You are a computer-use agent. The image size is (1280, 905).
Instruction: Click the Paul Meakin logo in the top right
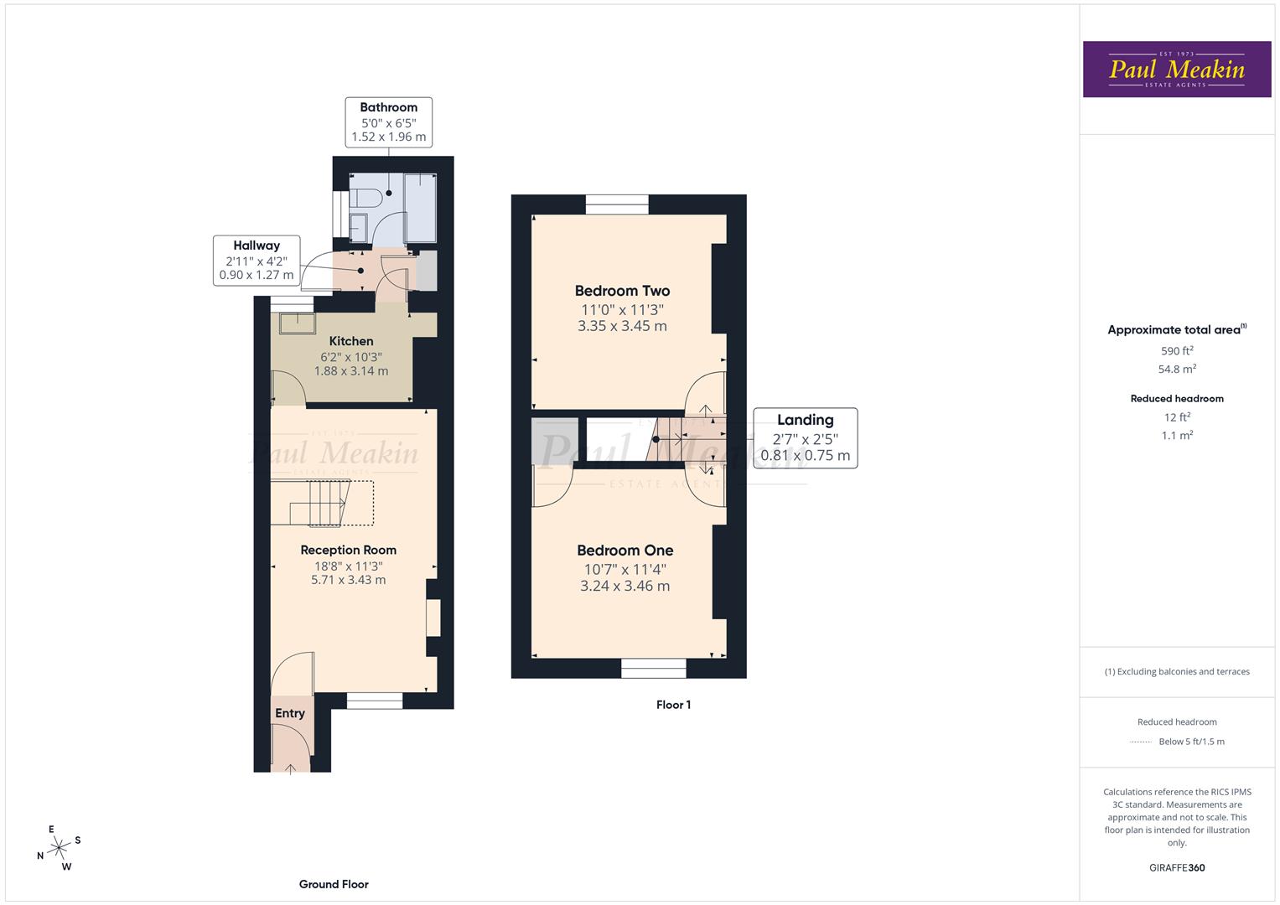[1176, 70]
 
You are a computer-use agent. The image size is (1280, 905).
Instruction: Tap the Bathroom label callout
[388, 122]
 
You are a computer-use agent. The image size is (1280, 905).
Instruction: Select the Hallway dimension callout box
[257, 260]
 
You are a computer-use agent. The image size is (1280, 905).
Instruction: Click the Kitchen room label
[351, 341]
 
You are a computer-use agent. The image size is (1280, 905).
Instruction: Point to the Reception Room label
[348, 551]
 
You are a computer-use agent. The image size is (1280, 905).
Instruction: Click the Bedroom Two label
[622, 292]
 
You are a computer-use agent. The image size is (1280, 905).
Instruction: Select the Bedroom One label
[624, 551]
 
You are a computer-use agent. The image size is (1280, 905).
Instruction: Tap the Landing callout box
[805, 437]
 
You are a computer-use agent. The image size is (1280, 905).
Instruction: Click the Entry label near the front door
[290, 713]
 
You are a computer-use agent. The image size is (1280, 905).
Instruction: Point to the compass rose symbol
[59, 848]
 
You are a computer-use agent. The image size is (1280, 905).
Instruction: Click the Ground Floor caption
[334, 884]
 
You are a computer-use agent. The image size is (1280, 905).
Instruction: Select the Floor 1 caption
[673, 705]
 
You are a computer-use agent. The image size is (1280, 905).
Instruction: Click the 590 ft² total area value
[1177, 351]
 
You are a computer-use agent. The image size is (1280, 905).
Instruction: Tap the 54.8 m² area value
[1177, 369]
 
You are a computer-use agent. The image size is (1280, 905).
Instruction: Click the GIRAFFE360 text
[1177, 867]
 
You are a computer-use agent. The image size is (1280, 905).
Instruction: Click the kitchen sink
[298, 323]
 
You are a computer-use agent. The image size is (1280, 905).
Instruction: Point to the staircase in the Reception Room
[323, 503]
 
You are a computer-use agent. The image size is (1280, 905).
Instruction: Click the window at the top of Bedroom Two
[617, 204]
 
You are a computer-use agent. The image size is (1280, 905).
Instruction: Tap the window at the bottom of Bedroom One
[653, 668]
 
